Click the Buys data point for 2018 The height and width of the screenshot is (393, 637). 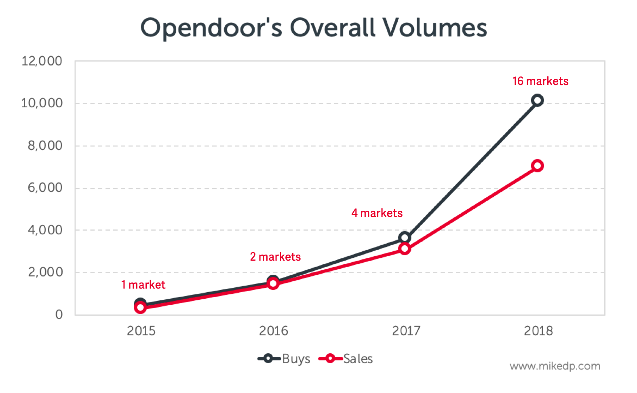[x=537, y=100]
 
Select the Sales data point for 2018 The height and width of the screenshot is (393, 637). [x=537, y=166]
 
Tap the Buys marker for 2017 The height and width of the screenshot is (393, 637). [x=405, y=238]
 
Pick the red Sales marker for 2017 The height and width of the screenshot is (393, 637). [x=405, y=249]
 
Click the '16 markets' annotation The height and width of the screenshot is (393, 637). [x=540, y=81]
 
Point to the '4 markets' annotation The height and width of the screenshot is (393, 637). [x=377, y=213]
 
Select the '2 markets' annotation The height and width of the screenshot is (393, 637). [x=275, y=257]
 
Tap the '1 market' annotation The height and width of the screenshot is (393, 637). [x=143, y=285]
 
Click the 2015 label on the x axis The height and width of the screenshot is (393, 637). [x=141, y=331]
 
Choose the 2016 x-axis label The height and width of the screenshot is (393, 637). [x=274, y=331]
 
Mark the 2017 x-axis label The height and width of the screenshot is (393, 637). [x=406, y=331]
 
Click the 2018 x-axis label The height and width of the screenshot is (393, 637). [x=538, y=331]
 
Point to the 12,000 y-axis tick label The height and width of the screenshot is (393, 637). [x=42, y=62]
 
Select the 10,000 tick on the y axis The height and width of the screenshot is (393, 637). [x=42, y=103]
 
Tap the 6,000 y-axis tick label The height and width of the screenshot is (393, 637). [x=45, y=188]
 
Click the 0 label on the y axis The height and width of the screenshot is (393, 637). [x=59, y=314]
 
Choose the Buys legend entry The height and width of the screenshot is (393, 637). [x=285, y=359]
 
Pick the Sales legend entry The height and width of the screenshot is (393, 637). [x=346, y=359]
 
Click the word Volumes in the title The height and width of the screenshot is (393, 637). [x=435, y=28]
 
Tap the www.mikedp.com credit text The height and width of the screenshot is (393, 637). [x=555, y=366]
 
